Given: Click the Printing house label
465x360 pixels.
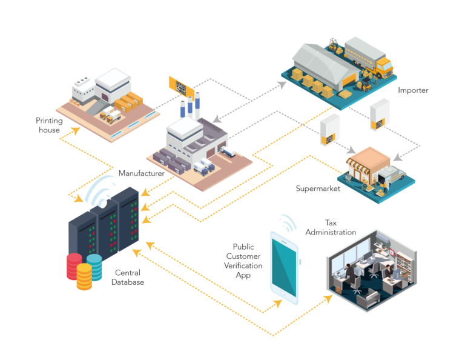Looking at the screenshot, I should coord(48,125).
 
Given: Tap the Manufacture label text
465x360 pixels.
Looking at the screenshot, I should coord(141,173).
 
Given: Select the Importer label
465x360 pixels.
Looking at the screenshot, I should coord(413,91).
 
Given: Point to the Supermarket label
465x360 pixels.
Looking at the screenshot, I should coord(318,188).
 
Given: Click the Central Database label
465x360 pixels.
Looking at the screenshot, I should coord(128,278).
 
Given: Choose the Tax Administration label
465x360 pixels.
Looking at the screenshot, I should coord(331,228).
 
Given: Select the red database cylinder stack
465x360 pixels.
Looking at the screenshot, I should coord(74,265).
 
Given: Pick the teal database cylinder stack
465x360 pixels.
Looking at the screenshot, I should coord(94,264).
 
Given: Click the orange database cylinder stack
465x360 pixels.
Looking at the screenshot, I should coord(84,277).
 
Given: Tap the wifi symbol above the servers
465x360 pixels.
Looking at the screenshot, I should coord(101,191).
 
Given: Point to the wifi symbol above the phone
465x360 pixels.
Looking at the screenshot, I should coord(287,222).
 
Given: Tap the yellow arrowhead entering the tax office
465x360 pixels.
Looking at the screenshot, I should coord(329,298).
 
